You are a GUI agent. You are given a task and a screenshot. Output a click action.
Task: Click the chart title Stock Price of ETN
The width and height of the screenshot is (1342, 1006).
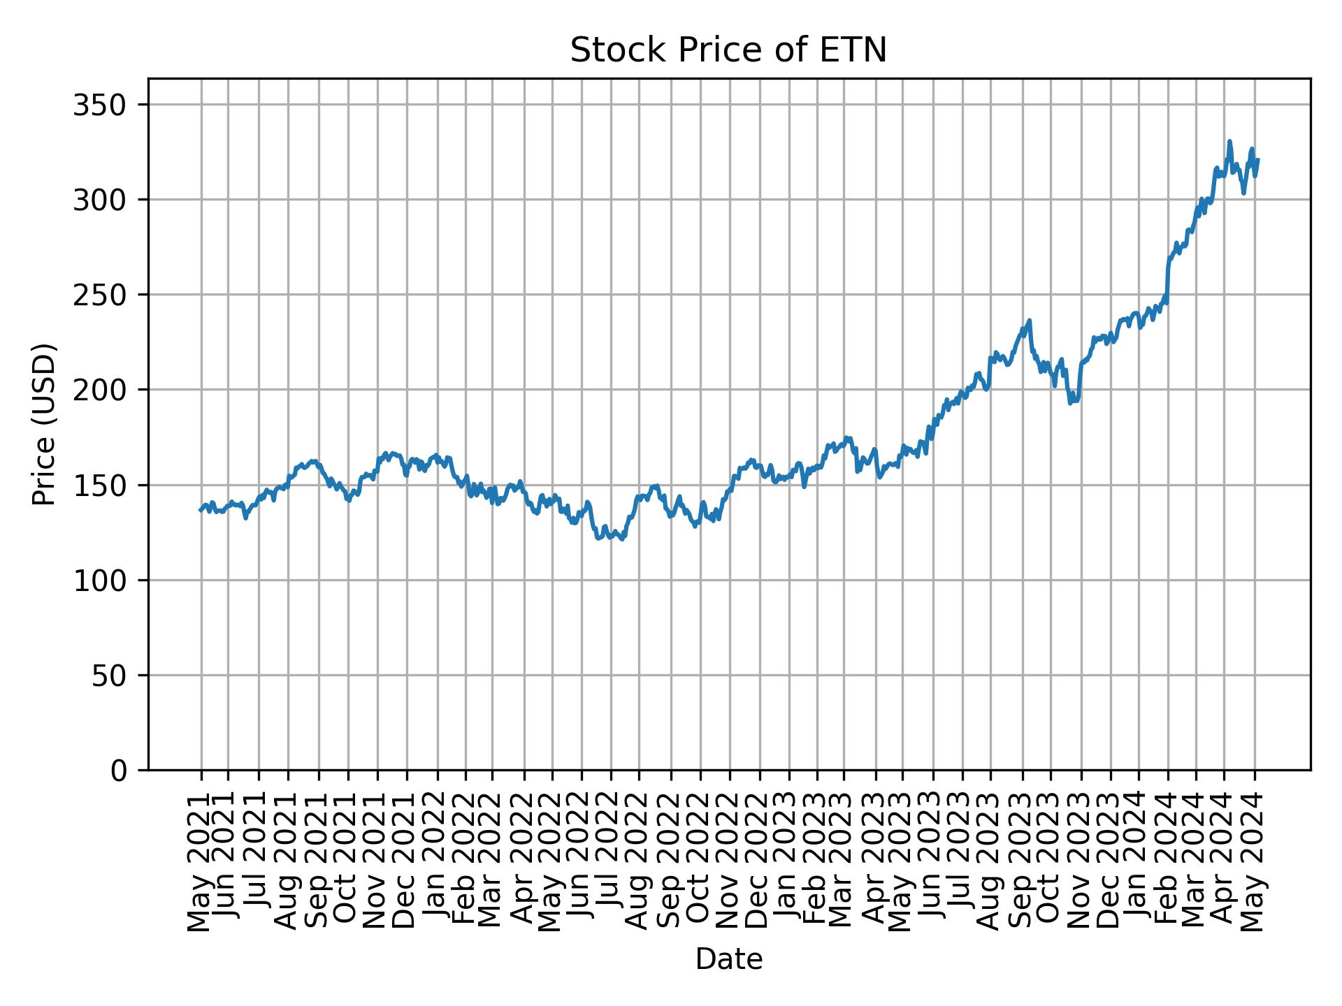click(728, 50)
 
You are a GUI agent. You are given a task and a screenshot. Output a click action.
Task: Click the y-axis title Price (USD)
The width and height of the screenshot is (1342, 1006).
click(45, 424)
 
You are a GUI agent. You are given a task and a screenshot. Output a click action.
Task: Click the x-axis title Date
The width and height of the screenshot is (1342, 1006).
click(728, 959)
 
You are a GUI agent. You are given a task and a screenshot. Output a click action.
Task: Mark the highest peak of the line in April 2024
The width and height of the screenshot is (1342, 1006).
click(1229, 141)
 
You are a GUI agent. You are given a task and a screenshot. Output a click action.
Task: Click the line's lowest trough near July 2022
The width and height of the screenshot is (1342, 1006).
click(622, 539)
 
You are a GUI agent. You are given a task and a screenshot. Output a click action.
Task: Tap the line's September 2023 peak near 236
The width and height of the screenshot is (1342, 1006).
click(1030, 321)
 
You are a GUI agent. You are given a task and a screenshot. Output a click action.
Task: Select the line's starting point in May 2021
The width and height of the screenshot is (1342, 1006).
click(200, 510)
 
